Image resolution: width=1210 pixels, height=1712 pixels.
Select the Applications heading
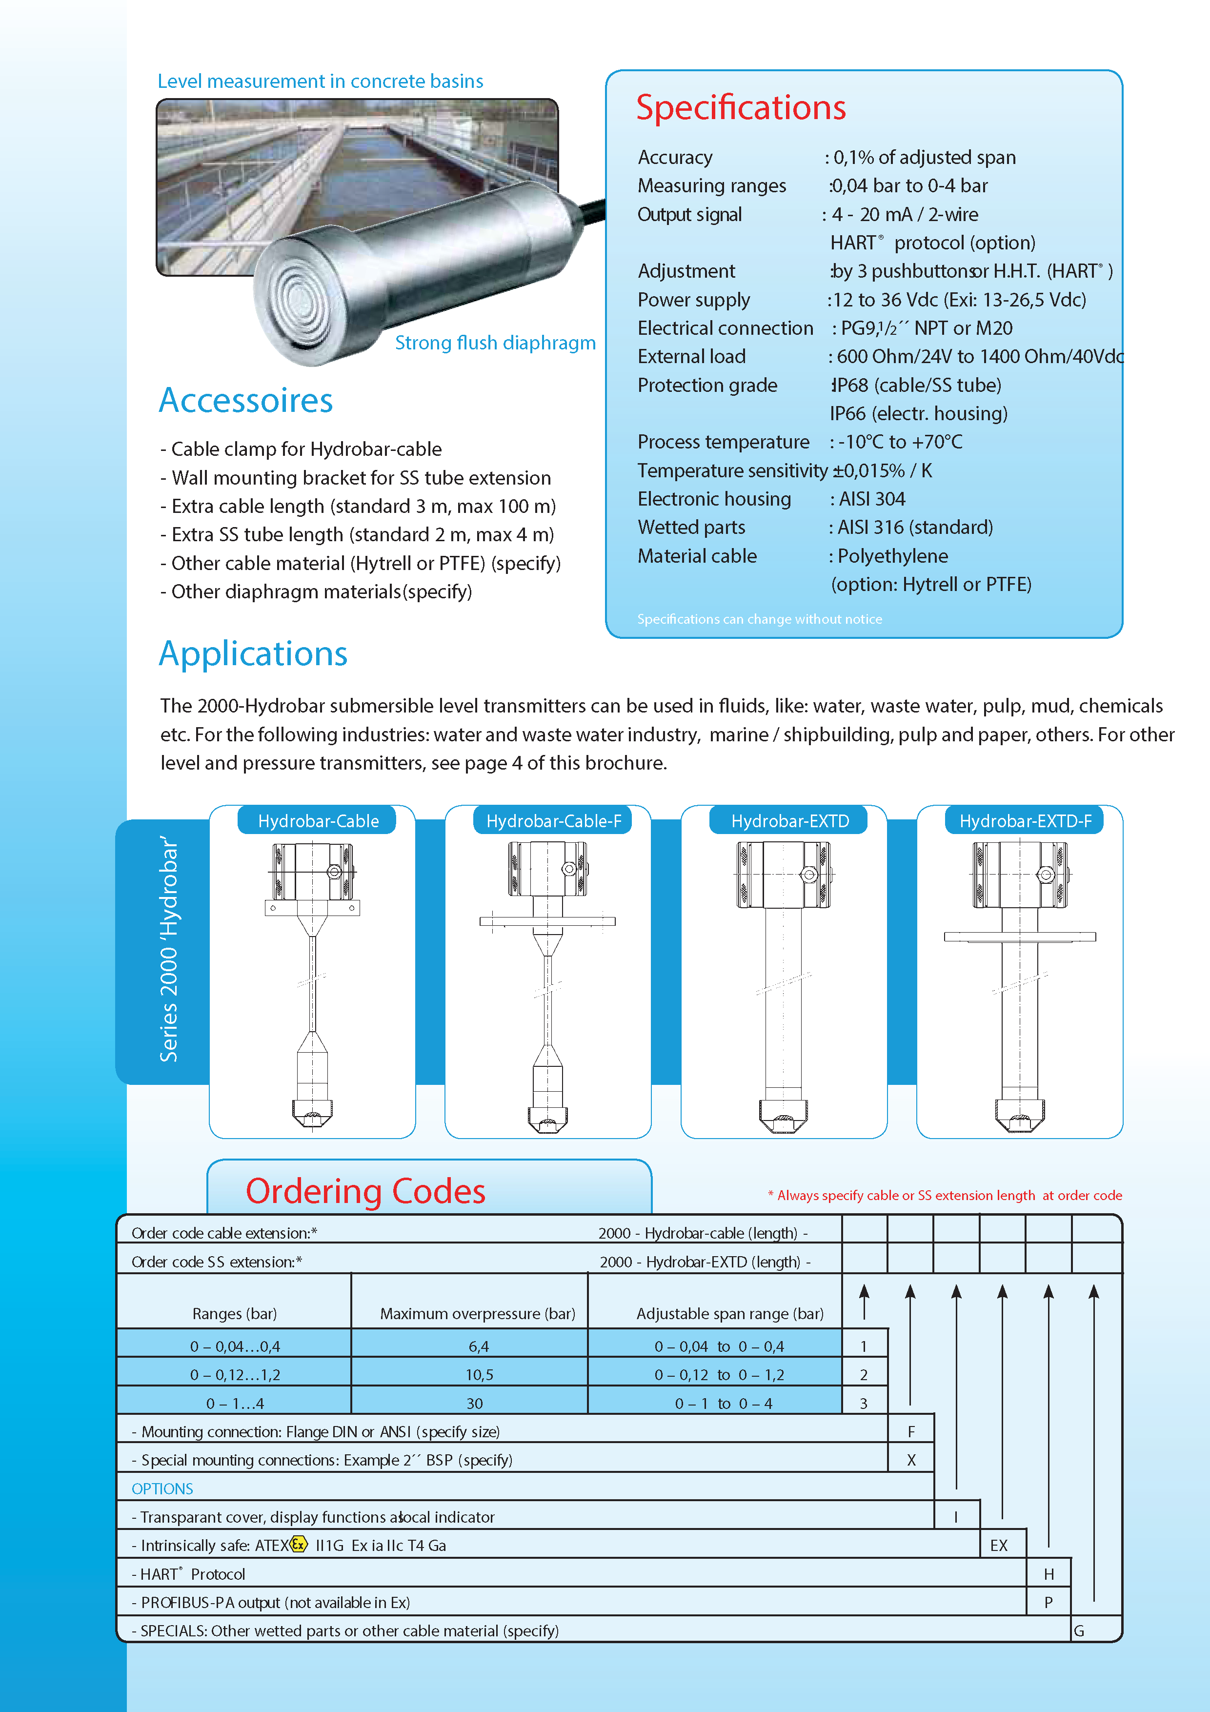point(254,654)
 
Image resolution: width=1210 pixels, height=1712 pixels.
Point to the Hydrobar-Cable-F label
point(553,821)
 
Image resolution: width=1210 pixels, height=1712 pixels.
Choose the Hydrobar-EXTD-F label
point(1025,821)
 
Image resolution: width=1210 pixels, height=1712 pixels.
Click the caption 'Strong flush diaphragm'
point(495,343)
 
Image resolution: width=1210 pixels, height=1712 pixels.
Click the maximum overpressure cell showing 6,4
point(479,1346)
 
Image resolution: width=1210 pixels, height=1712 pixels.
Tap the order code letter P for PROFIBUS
point(1048,1602)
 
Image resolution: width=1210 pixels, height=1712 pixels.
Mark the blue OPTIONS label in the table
point(162,1489)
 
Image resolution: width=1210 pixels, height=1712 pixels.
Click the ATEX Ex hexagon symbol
point(298,1544)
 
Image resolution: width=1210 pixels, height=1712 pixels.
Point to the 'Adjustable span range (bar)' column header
point(730,1314)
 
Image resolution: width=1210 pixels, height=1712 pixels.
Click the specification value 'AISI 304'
point(871,499)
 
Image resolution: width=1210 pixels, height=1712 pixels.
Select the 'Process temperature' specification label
point(723,442)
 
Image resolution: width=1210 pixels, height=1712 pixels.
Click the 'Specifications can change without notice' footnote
point(759,619)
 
